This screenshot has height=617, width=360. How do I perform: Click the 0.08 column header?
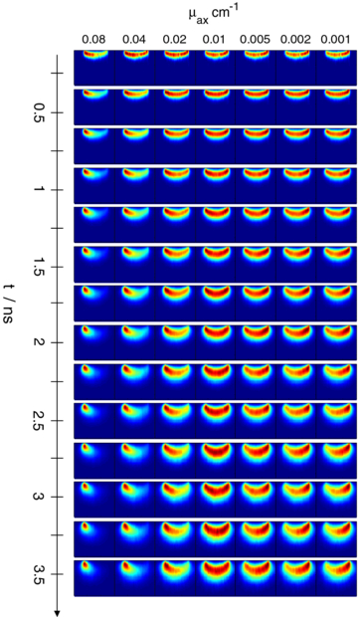[x=94, y=39]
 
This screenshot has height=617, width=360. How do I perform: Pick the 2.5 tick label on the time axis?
[x=40, y=419]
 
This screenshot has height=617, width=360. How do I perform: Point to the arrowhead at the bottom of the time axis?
[x=57, y=612]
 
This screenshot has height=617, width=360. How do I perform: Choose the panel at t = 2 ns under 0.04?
[x=136, y=341]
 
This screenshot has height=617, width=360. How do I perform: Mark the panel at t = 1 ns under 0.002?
[x=296, y=185]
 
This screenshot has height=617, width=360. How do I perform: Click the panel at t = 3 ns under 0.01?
[x=216, y=498]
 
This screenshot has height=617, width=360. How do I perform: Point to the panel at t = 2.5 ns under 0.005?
[x=256, y=419]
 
